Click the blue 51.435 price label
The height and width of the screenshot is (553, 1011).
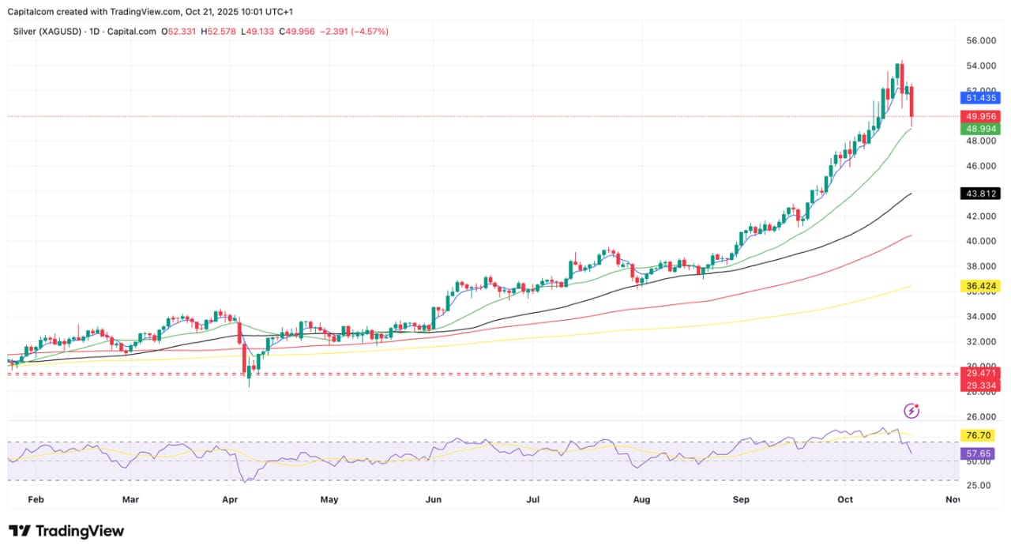pos(980,98)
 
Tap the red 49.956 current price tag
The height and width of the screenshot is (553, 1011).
pos(980,116)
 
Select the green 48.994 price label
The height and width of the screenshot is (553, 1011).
pos(980,129)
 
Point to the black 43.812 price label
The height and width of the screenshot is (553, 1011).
pos(980,194)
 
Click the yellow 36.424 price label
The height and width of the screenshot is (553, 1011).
pos(980,286)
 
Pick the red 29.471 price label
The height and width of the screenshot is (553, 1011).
pos(980,372)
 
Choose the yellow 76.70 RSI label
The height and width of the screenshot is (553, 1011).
pos(980,435)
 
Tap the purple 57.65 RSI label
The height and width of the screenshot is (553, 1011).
pos(980,454)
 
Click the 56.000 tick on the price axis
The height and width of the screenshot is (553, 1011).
pos(980,40)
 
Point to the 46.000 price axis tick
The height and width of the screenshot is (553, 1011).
pos(980,167)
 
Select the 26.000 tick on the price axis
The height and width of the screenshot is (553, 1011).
pos(980,417)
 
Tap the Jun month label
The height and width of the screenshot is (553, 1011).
pos(433,500)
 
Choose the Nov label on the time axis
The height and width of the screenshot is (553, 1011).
pos(953,500)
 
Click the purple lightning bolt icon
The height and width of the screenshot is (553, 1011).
pos(911,411)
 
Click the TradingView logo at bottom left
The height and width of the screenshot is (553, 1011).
pos(66,531)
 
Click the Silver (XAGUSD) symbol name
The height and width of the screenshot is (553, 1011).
pos(46,32)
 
